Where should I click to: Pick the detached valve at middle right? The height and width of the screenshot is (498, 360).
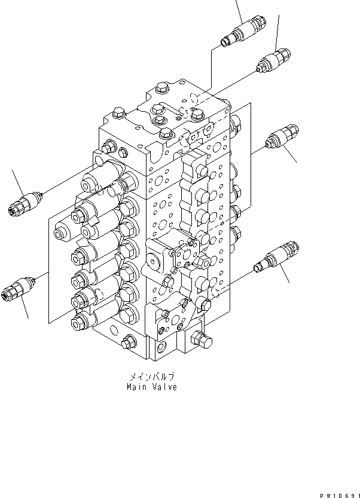280,139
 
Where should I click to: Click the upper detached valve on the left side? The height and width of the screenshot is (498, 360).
23,201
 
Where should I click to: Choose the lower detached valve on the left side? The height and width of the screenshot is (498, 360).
19,287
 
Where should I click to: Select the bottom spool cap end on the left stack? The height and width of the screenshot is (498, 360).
77,323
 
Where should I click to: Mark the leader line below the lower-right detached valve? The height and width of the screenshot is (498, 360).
286,276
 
